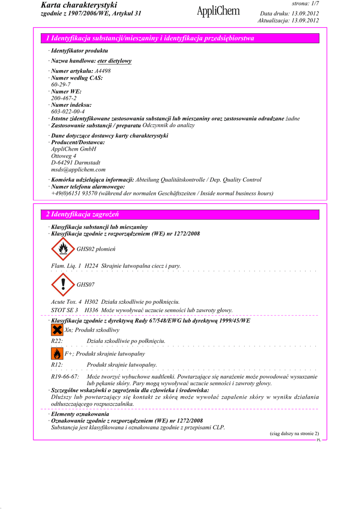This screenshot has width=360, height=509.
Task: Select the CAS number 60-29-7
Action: (x=61, y=85)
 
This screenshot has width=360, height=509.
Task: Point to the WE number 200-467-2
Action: (x=64, y=98)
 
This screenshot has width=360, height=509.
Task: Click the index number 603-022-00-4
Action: (x=68, y=112)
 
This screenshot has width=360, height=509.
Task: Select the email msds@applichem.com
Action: (x=78, y=170)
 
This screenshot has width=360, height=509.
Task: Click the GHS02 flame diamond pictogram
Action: (x=63, y=249)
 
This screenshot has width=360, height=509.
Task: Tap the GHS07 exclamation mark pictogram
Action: (x=63, y=285)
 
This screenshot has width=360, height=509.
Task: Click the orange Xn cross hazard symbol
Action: (x=57, y=330)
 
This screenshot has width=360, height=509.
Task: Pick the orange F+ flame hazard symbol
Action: (x=57, y=353)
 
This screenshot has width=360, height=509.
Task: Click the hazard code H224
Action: (x=91, y=266)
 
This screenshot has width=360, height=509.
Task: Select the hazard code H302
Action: (x=91, y=302)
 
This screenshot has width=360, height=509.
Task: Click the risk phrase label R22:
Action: (x=57, y=341)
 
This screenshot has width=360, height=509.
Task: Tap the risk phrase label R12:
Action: (x=57, y=365)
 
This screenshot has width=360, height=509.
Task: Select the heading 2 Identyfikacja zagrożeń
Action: (x=83, y=214)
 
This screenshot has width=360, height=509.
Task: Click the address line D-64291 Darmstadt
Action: (x=76, y=163)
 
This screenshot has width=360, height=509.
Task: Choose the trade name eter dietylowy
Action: (x=114, y=61)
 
